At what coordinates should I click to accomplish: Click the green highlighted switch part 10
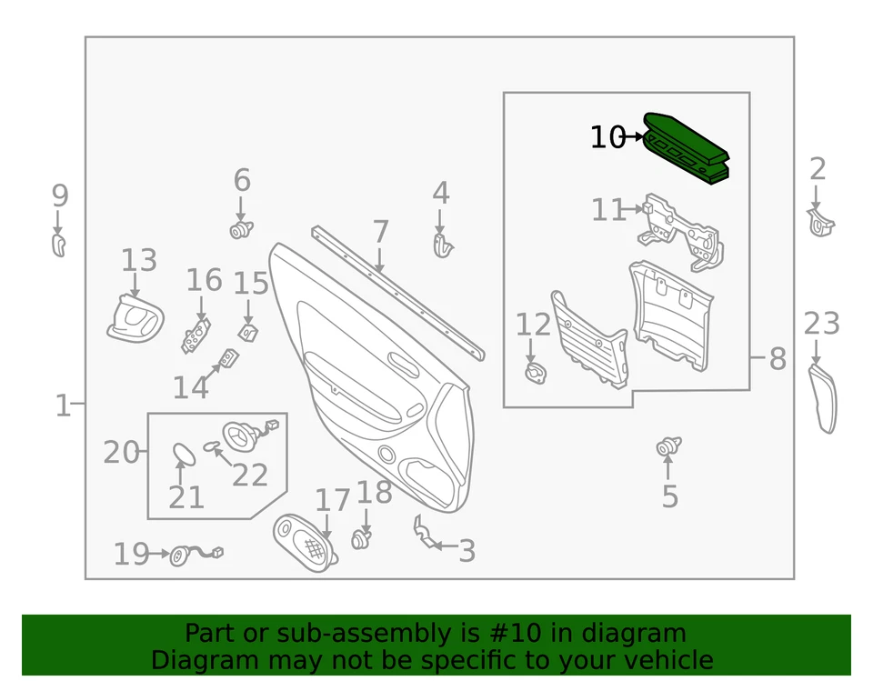[687, 149]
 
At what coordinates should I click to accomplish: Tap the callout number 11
[609, 211]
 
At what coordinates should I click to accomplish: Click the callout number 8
[777, 359]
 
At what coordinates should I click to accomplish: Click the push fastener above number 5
[669, 446]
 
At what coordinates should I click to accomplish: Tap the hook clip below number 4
[442, 245]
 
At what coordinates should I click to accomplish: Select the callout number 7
[380, 233]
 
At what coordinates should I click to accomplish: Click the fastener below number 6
[241, 229]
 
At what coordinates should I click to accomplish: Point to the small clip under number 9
[58, 245]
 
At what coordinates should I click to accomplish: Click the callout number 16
[204, 280]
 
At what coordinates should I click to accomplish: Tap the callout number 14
[191, 387]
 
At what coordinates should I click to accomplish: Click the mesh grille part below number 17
[306, 543]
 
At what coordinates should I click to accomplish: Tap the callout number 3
[467, 551]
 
